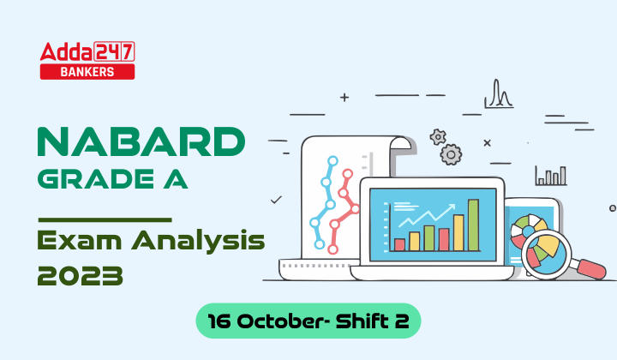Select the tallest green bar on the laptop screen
point(473,225)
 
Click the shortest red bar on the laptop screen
point(399,244)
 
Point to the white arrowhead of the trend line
point(453,206)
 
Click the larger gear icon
point(452,153)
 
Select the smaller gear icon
point(438,136)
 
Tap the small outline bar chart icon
point(550,176)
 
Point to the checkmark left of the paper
point(276,200)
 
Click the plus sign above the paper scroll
point(344,98)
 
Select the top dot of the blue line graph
point(326,159)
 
